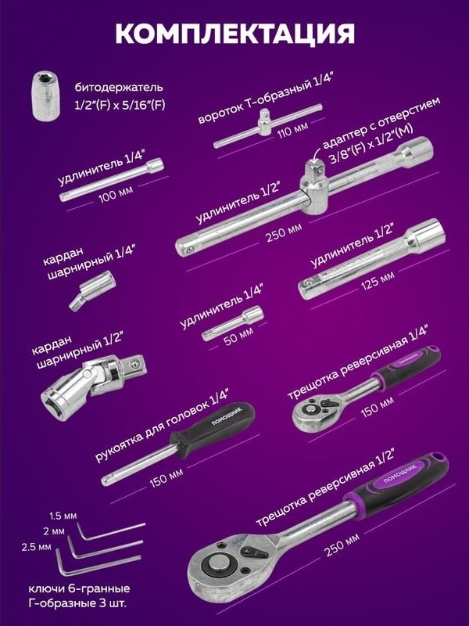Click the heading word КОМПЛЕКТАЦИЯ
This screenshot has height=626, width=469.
pyautogui.click(x=234, y=33)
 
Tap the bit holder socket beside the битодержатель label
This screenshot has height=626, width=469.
pyautogui.click(x=46, y=96)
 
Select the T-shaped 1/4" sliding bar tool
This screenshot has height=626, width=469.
pyautogui.click(x=267, y=125)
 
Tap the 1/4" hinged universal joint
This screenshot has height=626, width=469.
pyautogui.click(x=92, y=290)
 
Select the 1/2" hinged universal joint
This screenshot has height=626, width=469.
pyautogui.click(x=94, y=385)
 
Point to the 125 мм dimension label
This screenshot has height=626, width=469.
pyautogui.click(x=378, y=281)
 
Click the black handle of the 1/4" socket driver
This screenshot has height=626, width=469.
pyautogui.click(x=212, y=429)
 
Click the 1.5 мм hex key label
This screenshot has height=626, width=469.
pyautogui.click(x=63, y=516)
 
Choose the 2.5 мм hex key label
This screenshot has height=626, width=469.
pyautogui.click(x=36, y=546)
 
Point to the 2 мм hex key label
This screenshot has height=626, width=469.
pyautogui.click(x=53, y=531)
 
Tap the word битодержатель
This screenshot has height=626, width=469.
pyautogui.click(x=119, y=88)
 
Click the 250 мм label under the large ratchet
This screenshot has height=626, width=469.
pyautogui.click(x=342, y=544)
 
